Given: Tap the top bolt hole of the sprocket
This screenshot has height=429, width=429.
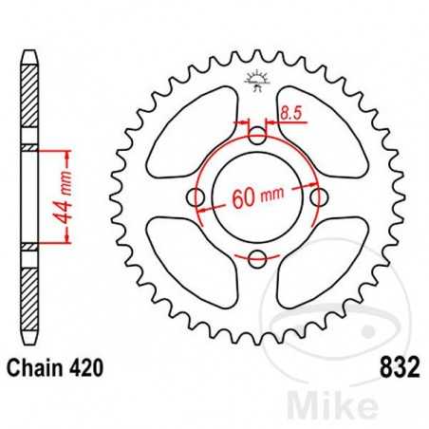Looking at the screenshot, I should click(x=258, y=137).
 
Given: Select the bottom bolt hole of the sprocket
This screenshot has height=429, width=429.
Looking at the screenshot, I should click(x=258, y=258).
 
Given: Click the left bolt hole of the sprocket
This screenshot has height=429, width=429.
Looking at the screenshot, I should click(x=197, y=197).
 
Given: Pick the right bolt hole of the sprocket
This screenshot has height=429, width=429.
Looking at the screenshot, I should click(x=319, y=197).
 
